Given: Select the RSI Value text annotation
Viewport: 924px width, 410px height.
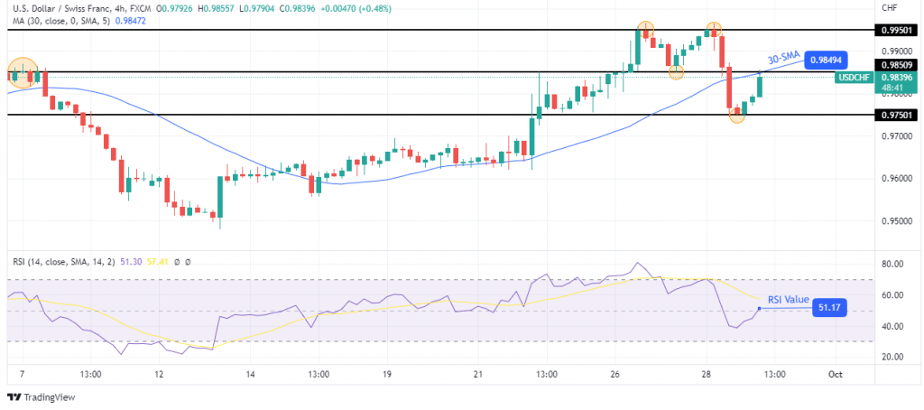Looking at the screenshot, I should coord(788,300).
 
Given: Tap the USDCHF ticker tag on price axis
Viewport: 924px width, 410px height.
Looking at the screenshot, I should coord(853,78).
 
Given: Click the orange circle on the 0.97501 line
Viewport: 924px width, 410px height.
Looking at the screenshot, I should coord(737,116).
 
